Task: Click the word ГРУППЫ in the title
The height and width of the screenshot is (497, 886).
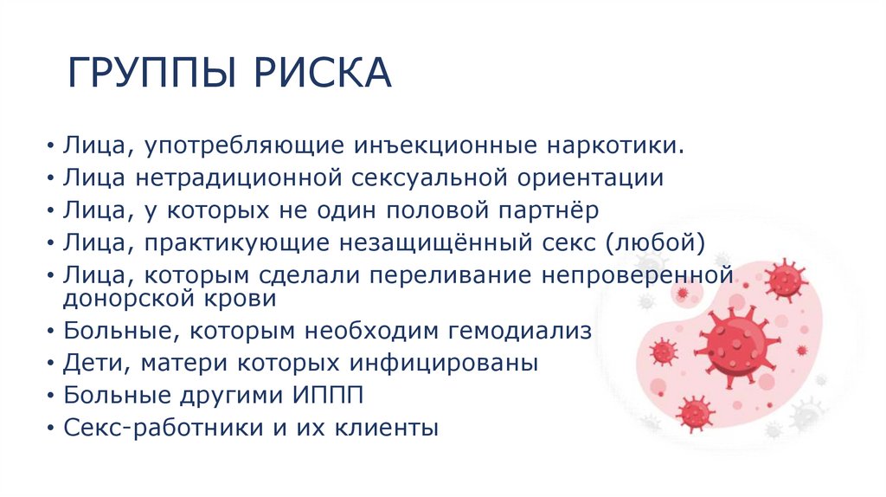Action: (x=151, y=73)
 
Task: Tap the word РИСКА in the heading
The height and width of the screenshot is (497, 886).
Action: (x=322, y=73)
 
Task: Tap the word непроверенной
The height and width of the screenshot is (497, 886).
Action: (x=637, y=275)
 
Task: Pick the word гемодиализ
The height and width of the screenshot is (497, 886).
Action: (x=521, y=331)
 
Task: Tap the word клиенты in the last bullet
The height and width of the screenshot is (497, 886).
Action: (x=388, y=428)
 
